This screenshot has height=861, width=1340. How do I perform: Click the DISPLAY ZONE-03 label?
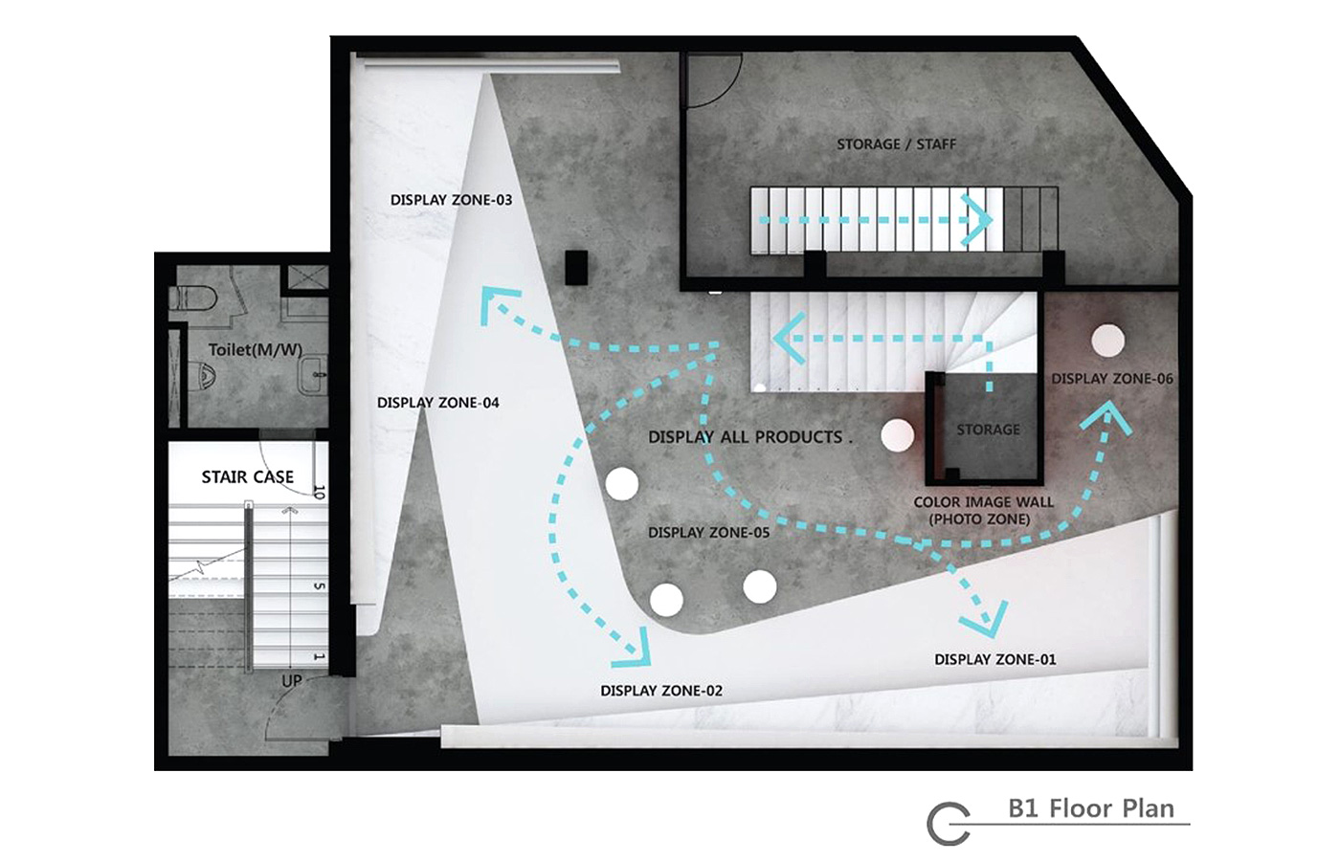click(x=451, y=200)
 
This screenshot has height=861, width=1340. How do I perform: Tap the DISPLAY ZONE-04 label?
click(x=438, y=403)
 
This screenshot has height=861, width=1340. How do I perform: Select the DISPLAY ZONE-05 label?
click(x=709, y=532)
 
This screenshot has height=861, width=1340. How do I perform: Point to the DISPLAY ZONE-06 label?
click(x=1112, y=379)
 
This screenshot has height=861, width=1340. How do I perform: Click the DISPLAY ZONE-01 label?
click(x=995, y=659)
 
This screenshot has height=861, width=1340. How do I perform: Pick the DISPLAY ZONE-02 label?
click(x=661, y=691)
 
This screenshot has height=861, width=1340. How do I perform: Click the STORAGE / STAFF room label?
click(x=896, y=144)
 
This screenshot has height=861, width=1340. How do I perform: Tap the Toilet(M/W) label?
click(x=256, y=350)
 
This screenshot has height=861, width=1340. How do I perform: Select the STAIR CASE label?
click(x=248, y=476)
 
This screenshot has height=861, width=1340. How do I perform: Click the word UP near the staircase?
click(x=292, y=680)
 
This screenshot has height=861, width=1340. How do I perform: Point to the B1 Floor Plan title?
click(x=1091, y=808)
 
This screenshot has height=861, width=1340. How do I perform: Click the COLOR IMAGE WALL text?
click(x=984, y=502)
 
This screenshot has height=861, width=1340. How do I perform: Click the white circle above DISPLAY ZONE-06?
click(x=1108, y=340)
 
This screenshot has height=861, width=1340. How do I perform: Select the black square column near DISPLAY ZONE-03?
click(x=576, y=267)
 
